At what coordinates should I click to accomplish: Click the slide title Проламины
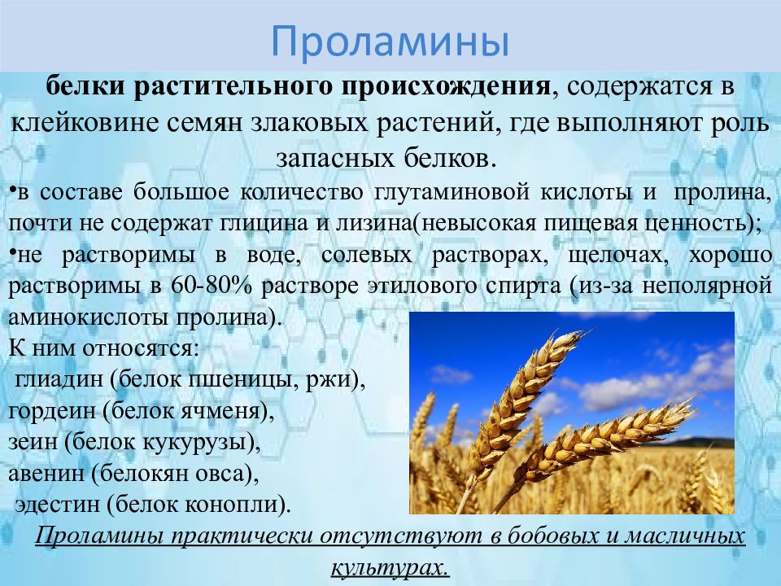click(390, 41)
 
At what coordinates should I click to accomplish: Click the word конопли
click(249, 505)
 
